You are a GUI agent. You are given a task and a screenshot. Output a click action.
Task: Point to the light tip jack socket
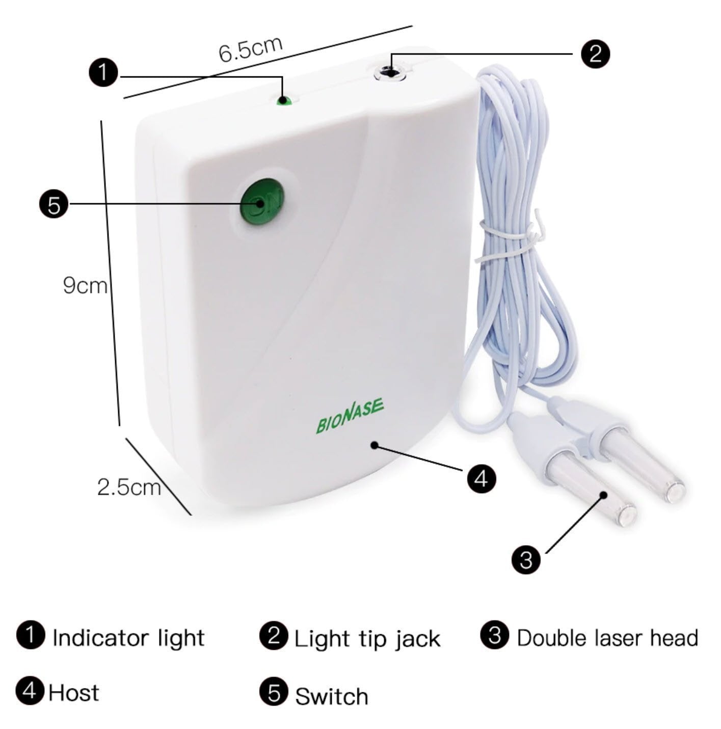click(390, 72)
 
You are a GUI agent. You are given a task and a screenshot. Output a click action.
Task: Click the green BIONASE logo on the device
click(350, 417)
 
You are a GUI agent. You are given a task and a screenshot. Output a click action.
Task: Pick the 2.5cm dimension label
click(129, 487)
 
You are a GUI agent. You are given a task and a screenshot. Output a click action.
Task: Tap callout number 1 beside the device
click(103, 73)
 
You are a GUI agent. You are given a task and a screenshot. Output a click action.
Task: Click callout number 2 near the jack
click(595, 53)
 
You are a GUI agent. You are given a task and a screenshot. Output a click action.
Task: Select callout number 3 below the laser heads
click(526, 559)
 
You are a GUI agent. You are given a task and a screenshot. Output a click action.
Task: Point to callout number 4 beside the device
click(481, 478)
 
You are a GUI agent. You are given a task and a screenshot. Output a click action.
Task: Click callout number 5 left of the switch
click(54, 205)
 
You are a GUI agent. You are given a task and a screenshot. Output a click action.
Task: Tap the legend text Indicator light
click(128, 638)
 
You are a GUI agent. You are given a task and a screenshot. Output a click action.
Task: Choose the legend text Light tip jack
click(367, 639)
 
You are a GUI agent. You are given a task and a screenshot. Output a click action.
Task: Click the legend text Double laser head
click(607, 638)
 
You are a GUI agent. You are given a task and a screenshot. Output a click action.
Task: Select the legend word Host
click(74, 692)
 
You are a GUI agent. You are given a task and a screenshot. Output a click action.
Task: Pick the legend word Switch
click(332, 696)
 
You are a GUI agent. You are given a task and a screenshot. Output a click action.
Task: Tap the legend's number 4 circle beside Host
click(30, 691)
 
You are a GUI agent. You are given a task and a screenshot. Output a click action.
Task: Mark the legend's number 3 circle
click(494, 635)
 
